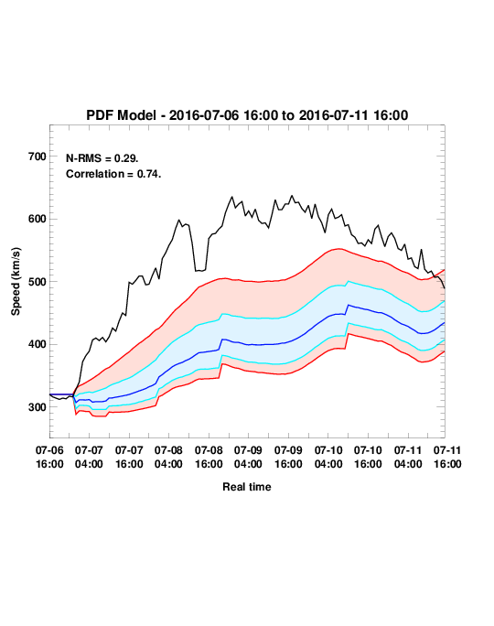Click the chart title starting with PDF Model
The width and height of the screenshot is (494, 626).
click(247, 115)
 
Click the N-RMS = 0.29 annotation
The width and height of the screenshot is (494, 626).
click(102, 158)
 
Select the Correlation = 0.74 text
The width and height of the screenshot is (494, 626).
click(113, 174)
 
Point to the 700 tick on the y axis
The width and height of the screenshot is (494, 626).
click(38, 156)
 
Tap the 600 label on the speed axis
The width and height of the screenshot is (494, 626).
click(38, 219)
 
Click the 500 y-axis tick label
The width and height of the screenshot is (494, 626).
click(38, 282)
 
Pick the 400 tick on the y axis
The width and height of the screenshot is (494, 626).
click(38, 344)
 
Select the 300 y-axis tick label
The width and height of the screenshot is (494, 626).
click(38, 407)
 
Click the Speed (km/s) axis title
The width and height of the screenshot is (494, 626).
click(16, 282)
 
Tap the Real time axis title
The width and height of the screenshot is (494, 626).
click(247, 487)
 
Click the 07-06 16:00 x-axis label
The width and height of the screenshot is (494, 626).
click(49, 457)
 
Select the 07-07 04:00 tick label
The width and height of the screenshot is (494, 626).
click(89, 457)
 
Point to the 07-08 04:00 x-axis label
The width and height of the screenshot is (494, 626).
click(168, 457)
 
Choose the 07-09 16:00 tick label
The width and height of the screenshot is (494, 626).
click(288, 457)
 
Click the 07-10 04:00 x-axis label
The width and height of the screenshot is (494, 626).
click(328, 457)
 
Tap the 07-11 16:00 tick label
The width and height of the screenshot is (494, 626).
click(447, 457)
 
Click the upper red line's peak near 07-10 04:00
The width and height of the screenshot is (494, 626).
click(338, 249)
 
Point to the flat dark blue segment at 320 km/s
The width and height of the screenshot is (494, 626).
click(61, 394)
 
